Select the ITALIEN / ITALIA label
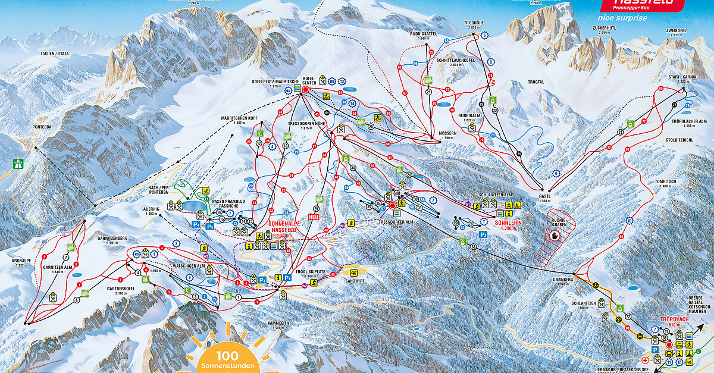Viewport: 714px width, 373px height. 55,54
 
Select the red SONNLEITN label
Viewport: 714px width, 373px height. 510,222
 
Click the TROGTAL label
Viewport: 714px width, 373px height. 535,82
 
